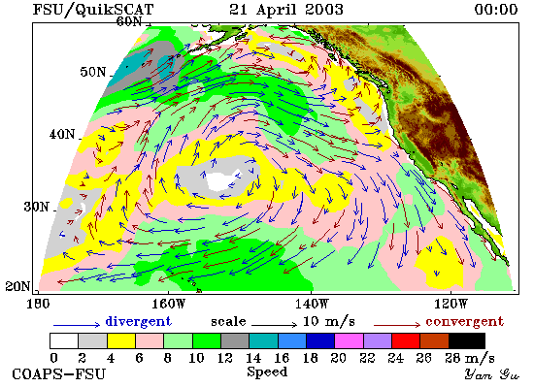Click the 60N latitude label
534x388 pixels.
pyautogui.click(x=129, y=21)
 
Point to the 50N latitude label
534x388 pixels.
pyautogui.click(x=93, y=72)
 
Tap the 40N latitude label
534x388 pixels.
pyautogui.click(x=62, y=134)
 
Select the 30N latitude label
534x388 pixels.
pyautogui.click(x=36, y=207)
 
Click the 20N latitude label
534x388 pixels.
pyautogui.click(x=17, y=286)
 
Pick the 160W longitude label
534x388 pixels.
pyautogui.click(x=168, y=304)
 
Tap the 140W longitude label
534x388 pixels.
pyautogui.click(x=312, y=304)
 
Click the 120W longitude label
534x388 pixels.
pyautogui.click(x=451, y=304)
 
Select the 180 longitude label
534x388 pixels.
pyautogui.click(x=38, y=304)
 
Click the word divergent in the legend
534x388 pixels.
pyautogui.click(x=138, y=321)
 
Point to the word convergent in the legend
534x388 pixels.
pyautogui.click(x=464, y=321)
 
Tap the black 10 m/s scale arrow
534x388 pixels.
pyautogui.click(x=274, y=325)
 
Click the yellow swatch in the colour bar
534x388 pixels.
pyautogui.click(x=121, y=340)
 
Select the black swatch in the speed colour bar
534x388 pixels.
pyautogui.click(x=467, y=340)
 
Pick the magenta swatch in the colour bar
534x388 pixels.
pyautogui.click(x=350, y=340)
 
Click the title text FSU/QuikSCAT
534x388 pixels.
pyautogui.click(x=93, y=10)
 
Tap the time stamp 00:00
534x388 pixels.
pyautogui.click(x=496, y=9)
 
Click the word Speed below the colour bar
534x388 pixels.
pyautogui.click(x=267, y=372)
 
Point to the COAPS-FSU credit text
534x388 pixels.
pyautogui.click(x=58, y=373)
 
